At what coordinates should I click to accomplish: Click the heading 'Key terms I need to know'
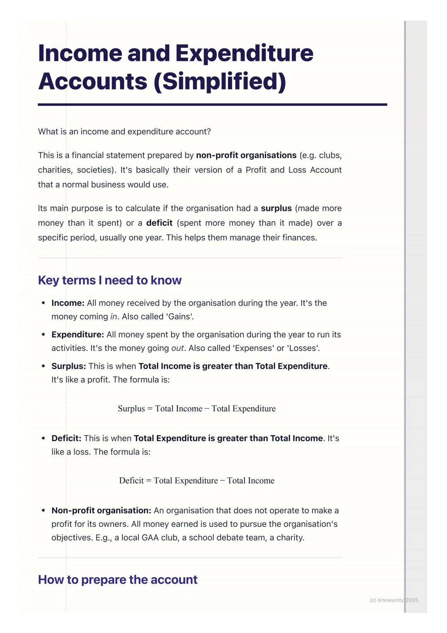tap(110, 280)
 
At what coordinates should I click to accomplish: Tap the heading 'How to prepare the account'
tap(118, 580)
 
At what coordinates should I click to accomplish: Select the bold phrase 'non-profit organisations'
tap(246, 155)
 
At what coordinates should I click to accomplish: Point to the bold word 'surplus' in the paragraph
tap(276, 208)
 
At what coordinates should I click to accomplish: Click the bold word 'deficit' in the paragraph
tap(159, 223)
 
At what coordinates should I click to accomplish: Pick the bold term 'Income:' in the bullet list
tap(68, 303)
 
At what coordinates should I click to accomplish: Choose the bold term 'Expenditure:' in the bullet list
tap(78, 335)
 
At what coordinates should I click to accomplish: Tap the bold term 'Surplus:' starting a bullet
tap(69, 366)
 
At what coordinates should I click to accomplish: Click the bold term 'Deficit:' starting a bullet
tap(66, 438)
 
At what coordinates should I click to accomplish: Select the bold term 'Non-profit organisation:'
tap(101, 511)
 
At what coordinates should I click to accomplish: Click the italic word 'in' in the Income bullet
tap(114, 317)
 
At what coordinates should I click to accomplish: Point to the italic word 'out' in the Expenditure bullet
tap(178, 348)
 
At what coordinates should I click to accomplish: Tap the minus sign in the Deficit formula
tap(223, 481)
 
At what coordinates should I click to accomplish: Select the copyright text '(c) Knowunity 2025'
tap(394, 600)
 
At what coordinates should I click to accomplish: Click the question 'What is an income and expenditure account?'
tap(124, 132)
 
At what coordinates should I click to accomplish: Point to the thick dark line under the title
tap(212, 105)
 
